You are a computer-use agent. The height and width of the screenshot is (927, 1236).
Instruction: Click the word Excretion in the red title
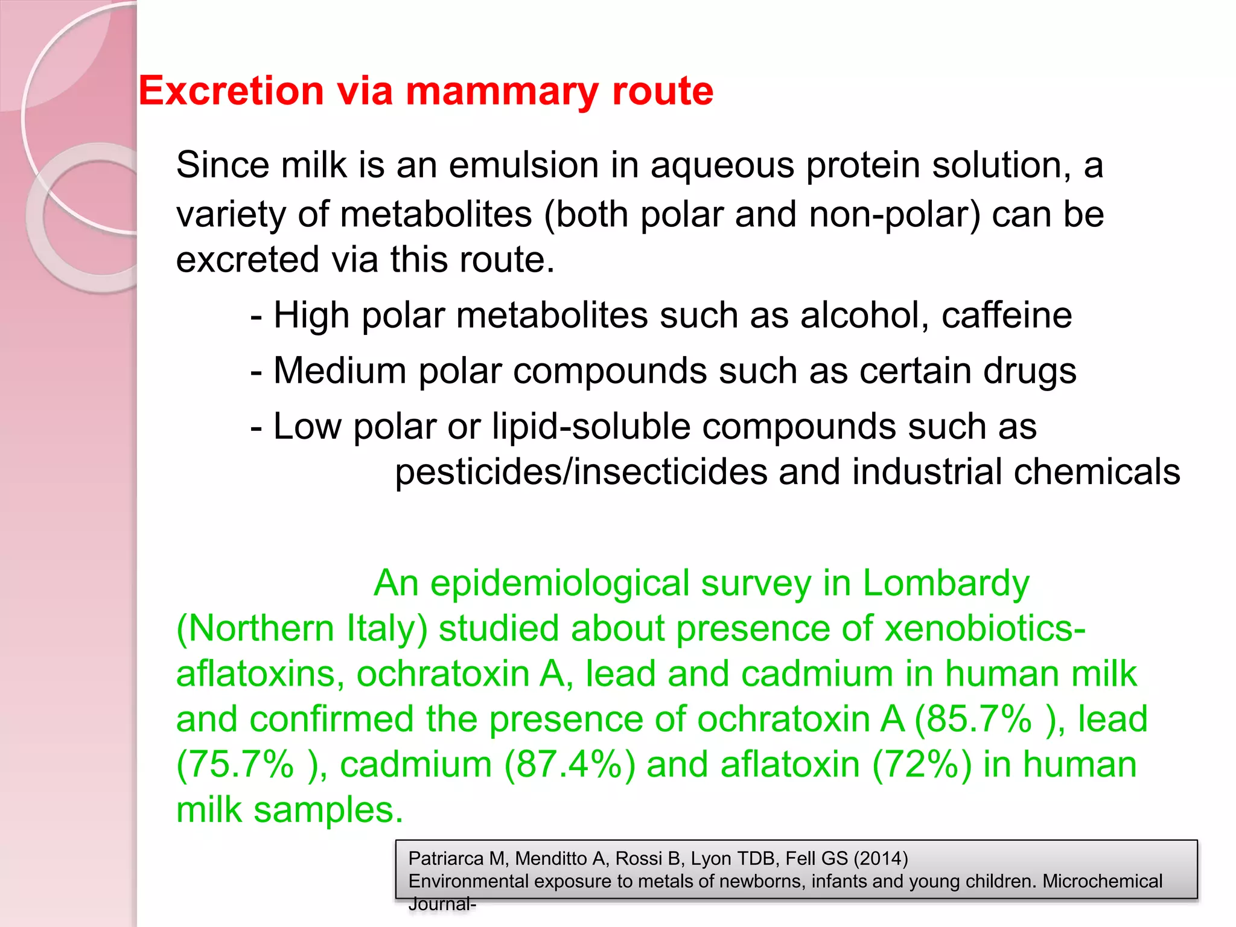pos(232,91)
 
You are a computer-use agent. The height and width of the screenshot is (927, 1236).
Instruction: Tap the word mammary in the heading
pos(503,92)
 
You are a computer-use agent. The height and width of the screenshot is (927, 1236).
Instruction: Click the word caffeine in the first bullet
pos(1007,315)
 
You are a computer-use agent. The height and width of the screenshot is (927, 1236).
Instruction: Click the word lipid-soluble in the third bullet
pos(591,427)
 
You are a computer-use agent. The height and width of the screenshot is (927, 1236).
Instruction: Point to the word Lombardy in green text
pos(946,584)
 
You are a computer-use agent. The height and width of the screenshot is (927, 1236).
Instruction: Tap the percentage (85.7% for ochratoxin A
pos(973,719)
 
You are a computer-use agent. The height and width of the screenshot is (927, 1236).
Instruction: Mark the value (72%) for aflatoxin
pos(922,765)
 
